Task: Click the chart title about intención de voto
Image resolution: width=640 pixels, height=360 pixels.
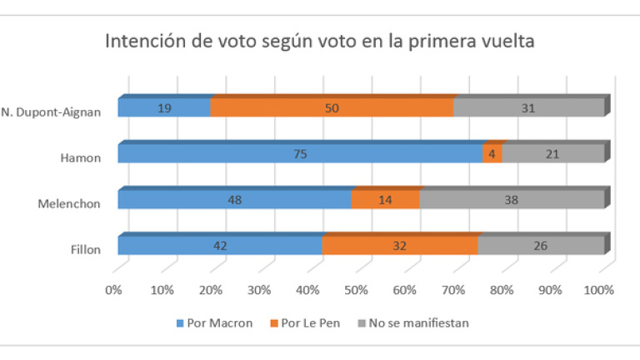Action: click(x=319, y=42)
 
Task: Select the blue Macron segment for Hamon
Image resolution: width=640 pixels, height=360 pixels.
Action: click(x=300, y=153)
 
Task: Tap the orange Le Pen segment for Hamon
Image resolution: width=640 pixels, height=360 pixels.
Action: click(x=492, y=153)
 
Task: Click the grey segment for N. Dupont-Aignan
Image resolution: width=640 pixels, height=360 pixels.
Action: click(x=529, y=107)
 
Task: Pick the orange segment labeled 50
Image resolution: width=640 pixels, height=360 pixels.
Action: click(x=332, y=107)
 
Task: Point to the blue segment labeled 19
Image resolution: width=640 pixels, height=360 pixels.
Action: click(x=164, y=107)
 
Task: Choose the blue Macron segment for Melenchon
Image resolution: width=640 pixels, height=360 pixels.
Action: click(x=234, y=199)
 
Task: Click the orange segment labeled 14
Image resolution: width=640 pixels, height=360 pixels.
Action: click(x=385, y=199)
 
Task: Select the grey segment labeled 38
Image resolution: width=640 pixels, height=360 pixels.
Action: click(x=511, y=199)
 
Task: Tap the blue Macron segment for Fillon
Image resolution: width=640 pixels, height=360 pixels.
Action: click(x=220, y=245)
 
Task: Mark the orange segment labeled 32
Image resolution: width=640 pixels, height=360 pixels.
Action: click(x=400, y=245)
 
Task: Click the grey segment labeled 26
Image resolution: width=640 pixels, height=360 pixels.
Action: click(x=540, y=245)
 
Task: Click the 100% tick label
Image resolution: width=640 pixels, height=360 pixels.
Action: click(x=599, y=290)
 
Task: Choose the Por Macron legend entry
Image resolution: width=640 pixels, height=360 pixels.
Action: click(x=215, y=323)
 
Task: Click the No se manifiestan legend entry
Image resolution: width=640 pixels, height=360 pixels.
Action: click(x=412, y=323)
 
